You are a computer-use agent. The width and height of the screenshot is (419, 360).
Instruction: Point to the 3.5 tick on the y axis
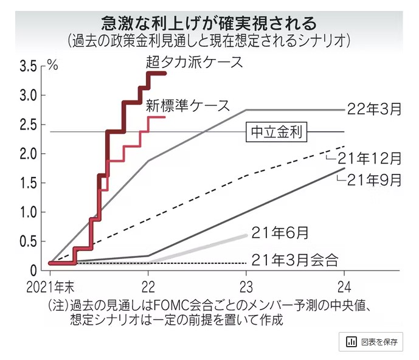point(28,66)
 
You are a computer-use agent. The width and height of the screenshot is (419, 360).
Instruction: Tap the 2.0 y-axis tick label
point(28,154)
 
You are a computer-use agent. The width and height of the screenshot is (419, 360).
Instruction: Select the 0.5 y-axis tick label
point(28,241)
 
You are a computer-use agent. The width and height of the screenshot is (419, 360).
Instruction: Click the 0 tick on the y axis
point(34,270)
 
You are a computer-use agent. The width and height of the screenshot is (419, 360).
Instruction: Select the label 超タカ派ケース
point(194,62)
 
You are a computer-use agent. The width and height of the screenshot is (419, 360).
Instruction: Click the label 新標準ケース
point(188,105)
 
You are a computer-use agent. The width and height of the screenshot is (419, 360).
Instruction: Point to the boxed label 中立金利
point(277,131)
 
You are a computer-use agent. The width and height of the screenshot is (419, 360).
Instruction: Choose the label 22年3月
point(374,110)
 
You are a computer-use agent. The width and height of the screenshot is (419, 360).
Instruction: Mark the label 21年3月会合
point(294,260)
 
